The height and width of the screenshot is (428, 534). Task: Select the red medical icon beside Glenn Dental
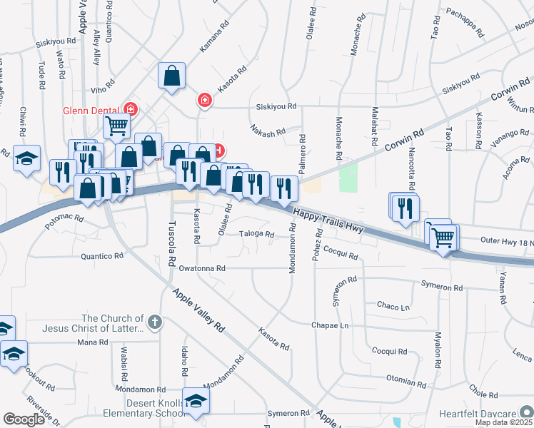131,109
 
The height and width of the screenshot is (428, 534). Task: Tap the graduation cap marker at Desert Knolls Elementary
195,400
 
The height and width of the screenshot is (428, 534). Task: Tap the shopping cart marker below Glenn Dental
117,127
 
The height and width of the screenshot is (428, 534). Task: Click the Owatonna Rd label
202,268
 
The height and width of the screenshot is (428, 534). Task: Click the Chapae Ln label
330,325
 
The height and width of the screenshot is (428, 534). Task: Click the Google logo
24,419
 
